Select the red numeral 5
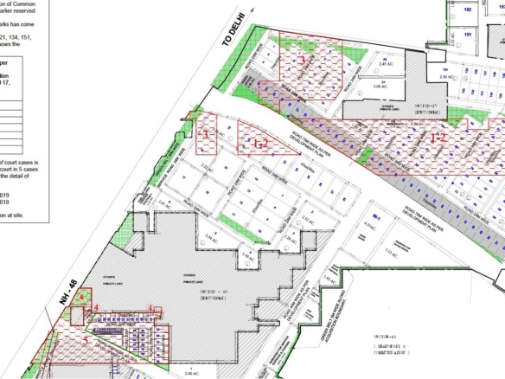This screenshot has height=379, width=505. tap(86, 341)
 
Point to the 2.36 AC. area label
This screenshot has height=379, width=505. tap(447, 77)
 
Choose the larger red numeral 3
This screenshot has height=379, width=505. tap(301, 61)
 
